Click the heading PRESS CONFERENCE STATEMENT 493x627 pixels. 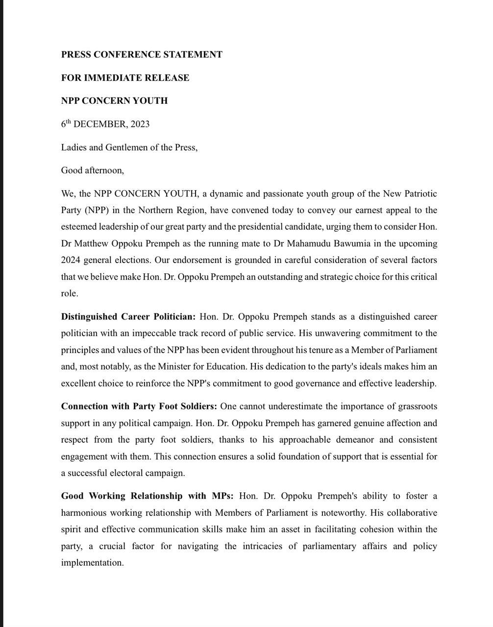tap(142, 55)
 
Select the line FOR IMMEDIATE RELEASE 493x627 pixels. tap(125, 78)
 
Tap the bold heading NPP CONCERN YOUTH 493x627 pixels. tap(114, 101)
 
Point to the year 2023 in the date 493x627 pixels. tap(140, 124)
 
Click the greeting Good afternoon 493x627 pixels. tap(92, 170)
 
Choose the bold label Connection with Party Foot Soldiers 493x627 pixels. tap(139, 407)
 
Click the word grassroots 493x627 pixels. tap(415, 407)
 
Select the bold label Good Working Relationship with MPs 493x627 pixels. tap(148, 496)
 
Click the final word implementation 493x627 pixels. tap(92, 563)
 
